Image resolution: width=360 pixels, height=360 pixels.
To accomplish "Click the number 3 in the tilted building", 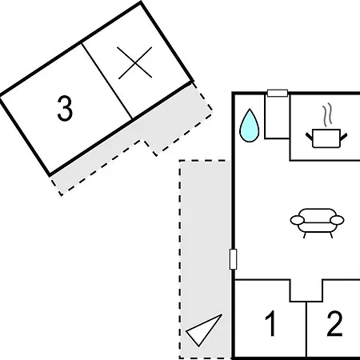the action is pos(65,109).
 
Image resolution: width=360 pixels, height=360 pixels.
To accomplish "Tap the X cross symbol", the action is pos(135,63).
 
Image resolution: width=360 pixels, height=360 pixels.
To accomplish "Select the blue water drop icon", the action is pos(250,126).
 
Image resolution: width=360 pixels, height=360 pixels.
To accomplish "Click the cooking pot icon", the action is pos(326,138).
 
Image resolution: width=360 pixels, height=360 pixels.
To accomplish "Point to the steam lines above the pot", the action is pos(327,114).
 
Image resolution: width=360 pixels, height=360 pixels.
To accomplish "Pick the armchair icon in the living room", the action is pos(317,223).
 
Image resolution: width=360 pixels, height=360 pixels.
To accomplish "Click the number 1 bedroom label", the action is pos(270,323).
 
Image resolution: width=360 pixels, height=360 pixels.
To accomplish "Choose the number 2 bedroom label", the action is pos(334,323).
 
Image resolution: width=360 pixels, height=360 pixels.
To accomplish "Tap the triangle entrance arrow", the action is pos(204,330).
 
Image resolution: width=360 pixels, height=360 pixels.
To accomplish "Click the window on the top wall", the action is pos(278,93).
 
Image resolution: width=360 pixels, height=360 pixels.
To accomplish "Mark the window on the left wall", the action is pos(233,259).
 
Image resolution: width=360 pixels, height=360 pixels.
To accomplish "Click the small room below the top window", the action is pos(277,118).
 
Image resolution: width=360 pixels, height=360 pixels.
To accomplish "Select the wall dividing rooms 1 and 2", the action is pos(306,330).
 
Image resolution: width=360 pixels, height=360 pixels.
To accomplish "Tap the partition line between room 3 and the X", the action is pos(107,81).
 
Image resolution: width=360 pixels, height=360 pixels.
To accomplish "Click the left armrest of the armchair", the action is pos(297,220).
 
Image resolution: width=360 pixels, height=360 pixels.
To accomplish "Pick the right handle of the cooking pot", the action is pos(344,137).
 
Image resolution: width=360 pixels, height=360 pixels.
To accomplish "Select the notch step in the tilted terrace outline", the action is pos(149,147).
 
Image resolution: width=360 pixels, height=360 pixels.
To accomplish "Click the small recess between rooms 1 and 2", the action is pos(306,290).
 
